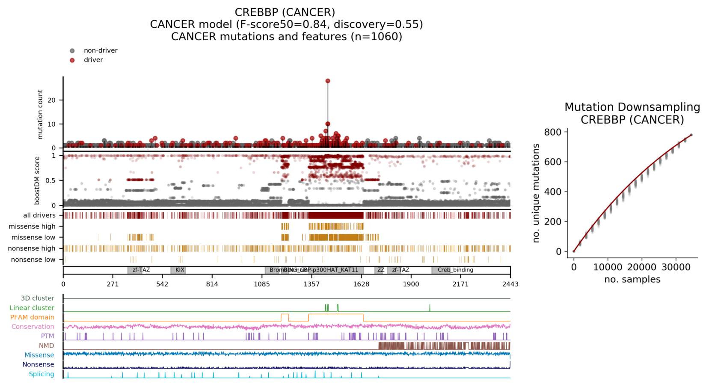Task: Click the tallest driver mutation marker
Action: pyautogui.click(x=328, y=81)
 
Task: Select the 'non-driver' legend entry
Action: pyautogui.click(x=100, y=50)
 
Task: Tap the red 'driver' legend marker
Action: pyautogui.click(x=72, y=60)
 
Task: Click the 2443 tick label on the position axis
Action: pyautogui.click(x=510, y=284)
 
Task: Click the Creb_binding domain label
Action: pyautogui.click(x=455, y=270)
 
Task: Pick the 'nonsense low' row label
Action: pyautogui.click(x=33, y=260)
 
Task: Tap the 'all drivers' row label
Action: pyautogui.click(x=39, y=215)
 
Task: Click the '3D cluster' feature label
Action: pyautogui.click(x=38, y=298)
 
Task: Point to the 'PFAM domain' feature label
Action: pyautogui.click(x=32, y=317)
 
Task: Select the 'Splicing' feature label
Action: pyautogui.click(x=42, y=374)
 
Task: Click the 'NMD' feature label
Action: pyautogui.click(x=46, y=346)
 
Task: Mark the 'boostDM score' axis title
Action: pyautogui.click(x=37, y=180)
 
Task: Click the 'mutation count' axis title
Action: pyautogui.click(x=40, y=114)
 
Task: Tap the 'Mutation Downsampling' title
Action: pyautogui.click(x=632, y=107)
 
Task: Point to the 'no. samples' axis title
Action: pyautogui.click(x=632, y=279)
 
